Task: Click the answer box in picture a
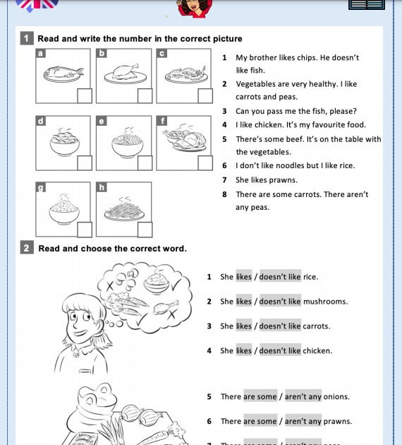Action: (85, 95)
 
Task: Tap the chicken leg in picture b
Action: (126, 71)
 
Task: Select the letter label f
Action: (162, 121)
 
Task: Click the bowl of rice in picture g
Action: (64, 210)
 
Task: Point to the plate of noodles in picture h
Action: (124, 210)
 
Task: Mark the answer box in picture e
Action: (145, 163)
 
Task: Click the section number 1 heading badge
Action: (27, 38)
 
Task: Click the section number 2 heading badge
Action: (27, 247)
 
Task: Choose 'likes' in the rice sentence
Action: (244, 277)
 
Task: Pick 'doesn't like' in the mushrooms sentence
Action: (280, 302)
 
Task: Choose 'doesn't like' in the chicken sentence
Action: (280, 351)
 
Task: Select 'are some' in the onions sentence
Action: (260, 396)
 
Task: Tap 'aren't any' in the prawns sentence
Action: (303, 421)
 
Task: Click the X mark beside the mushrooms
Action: (109, 285)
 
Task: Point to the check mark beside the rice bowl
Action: (177, 284)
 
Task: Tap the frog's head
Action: (97, 398)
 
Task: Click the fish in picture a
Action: (63, 72)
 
